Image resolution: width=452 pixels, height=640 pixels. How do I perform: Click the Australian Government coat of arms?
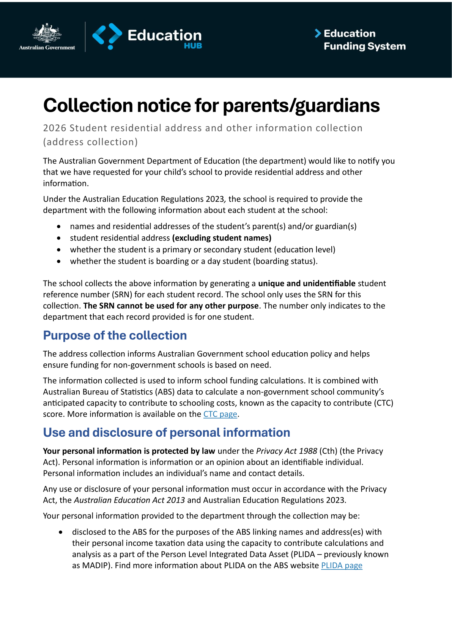pos(47,33)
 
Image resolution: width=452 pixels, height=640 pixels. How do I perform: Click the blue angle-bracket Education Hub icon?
pos(107,36)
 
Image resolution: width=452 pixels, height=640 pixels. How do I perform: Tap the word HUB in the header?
pos(193,46)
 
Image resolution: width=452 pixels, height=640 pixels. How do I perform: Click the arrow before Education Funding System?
pos(318,33)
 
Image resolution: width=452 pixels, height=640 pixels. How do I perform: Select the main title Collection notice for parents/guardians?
pos(211,105)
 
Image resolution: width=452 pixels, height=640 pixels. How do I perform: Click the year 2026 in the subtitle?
pos(55,128)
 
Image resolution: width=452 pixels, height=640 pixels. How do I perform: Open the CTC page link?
pos(220,414)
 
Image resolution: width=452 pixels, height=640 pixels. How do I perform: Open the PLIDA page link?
pos(342,566)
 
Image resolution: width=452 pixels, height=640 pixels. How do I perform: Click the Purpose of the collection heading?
pos(115,336)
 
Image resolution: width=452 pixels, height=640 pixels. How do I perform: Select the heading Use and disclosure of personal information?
pos(167,432)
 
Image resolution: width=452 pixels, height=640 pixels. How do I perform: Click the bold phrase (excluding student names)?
pos(222,238)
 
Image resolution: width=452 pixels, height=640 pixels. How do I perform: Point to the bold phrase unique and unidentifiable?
pos(307,284)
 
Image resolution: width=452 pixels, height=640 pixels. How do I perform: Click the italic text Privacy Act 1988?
pos(287,451)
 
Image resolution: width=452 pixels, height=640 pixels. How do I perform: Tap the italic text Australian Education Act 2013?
pos(129,500)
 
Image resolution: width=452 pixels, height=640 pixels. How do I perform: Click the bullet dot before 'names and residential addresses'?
pos(58,227)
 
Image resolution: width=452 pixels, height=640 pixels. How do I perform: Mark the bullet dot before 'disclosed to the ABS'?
pos(61,532)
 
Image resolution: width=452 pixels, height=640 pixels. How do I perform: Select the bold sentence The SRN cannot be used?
pos(171,306)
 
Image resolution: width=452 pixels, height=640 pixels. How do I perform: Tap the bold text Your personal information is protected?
pos(129,451)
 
